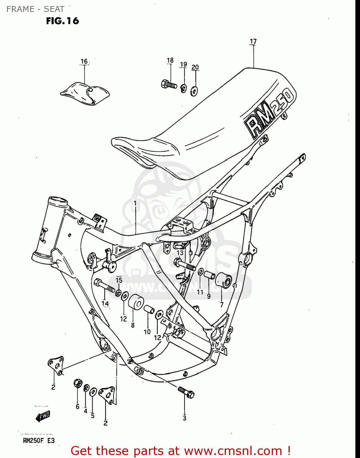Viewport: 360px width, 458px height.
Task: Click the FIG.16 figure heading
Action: (x=63, y=21)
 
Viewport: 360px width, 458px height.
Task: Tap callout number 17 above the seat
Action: (x=253, y=41)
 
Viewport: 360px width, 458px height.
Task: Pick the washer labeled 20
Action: (x=194, y=90)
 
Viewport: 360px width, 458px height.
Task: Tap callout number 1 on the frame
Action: (x=135, y=203)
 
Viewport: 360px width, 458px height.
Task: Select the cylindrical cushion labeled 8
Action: (x=136, y=303)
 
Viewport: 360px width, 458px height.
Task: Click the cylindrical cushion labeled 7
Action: (x=224, y=281)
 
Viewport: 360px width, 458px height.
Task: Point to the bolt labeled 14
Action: (x=104, y=285)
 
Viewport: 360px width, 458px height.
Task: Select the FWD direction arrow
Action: (x=43, y=416)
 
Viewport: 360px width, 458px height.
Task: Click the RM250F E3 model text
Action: (x=39, y=441)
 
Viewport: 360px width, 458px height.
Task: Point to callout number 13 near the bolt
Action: (x=180, y=253)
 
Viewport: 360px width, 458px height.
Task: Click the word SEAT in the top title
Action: (x=54, y=9)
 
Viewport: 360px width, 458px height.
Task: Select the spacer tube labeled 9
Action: (x=209, y=275)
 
